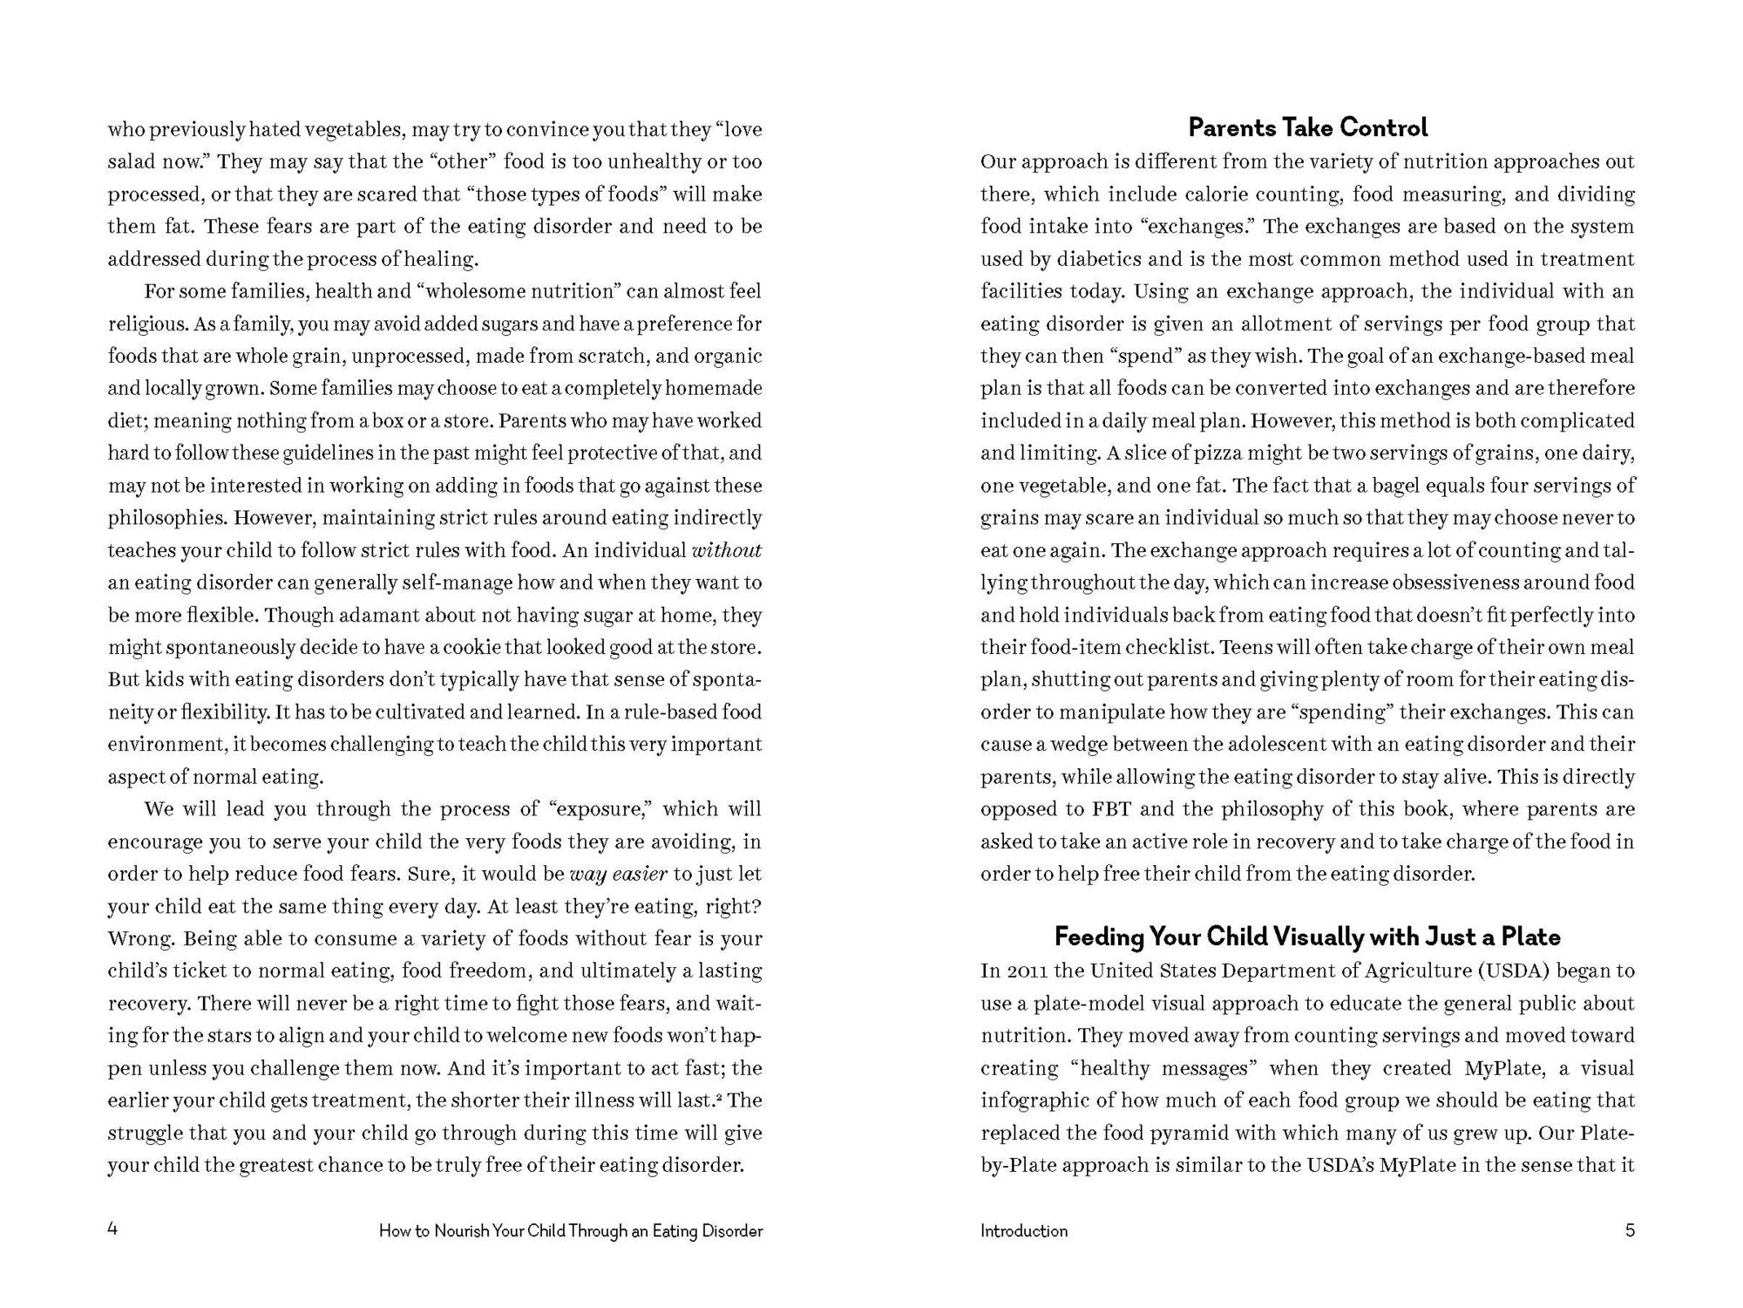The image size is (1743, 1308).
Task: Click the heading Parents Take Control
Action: click(1307, 128)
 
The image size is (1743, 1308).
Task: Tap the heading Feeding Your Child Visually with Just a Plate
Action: click(1307, 937)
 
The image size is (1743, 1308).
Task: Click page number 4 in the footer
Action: click(112, 1230)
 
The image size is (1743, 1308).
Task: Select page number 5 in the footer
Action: click(1630, 1230)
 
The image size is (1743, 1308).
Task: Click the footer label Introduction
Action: click(1023, 1231)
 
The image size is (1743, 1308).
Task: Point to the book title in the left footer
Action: click(571, 1231)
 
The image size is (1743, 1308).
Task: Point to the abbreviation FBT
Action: click(1110, 809)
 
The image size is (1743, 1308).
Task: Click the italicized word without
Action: click(726, 550)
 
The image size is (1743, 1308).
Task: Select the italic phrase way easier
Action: click(618, 874)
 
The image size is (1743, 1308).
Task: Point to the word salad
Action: click(132, 162)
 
